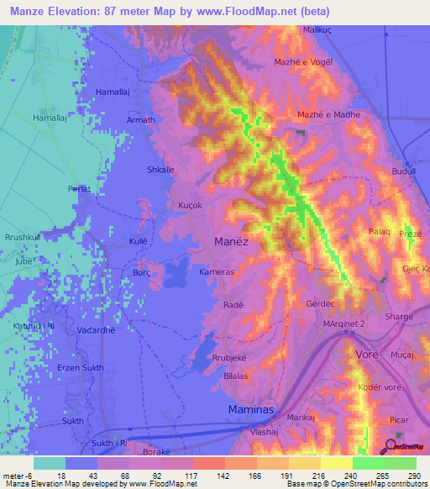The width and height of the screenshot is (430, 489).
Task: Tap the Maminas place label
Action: [250, 409]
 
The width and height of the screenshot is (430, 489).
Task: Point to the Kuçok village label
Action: [191, 206]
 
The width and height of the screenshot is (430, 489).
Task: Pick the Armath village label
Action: [140, 120]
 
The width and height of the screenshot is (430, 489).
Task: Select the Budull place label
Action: [403, 171]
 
